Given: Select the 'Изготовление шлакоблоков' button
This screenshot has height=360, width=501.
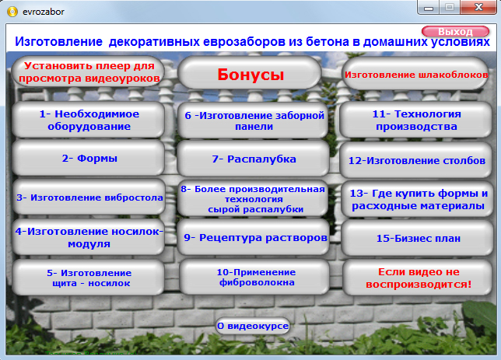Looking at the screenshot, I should click(x=416, y=75).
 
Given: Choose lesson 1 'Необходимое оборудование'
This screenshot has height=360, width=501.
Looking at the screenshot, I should click(x=89, y=120).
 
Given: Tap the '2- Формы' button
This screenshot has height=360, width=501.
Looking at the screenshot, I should click(x=89, y=158).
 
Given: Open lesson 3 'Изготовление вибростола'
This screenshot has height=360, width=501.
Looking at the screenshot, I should click(x=89, y=197).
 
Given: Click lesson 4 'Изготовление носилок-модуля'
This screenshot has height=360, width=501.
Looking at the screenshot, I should click(x=89, y=237).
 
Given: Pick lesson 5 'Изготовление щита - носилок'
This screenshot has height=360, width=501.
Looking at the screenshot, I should click(x=89, y=278).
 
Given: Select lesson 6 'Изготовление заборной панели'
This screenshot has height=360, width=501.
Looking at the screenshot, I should click(x=253, y=121).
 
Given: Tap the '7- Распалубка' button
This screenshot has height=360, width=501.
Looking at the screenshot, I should click(x=253, y=159).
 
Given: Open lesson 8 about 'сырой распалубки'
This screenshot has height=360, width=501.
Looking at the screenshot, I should click(x=253, y=199).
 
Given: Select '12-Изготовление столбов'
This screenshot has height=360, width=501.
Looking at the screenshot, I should click(x=417, y=161).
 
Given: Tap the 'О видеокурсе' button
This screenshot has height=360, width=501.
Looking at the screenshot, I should click(x=253, y=326).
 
